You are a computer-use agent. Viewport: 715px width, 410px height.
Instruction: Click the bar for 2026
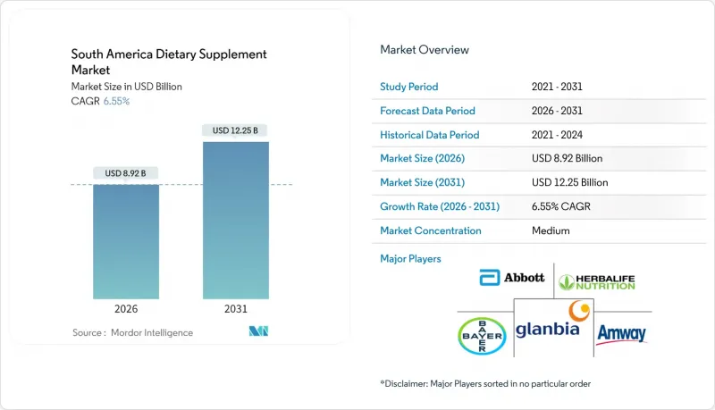(x=127, y=241)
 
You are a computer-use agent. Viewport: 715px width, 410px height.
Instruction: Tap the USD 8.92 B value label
(x=127, y=172)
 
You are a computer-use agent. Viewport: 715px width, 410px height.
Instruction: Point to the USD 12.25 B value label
(x=236, y=130)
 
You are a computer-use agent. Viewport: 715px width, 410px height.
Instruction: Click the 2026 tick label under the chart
(x=127, y=308)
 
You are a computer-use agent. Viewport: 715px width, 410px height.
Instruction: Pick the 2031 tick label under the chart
(x=236, y=308)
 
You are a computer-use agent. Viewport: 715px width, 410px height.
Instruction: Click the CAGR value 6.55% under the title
(x=116, y=101)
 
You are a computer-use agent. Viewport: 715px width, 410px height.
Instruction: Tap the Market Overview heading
(x=425, y=50)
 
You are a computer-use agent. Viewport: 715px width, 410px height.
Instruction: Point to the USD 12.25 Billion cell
(x=569, y=182)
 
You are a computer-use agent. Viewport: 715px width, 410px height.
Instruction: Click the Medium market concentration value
(x=551, y=230)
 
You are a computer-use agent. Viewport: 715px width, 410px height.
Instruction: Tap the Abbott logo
(x=511, y=278)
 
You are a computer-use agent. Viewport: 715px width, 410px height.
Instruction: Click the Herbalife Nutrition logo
(x=596, y=282)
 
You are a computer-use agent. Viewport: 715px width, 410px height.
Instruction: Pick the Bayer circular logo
(x=483, y=335)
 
